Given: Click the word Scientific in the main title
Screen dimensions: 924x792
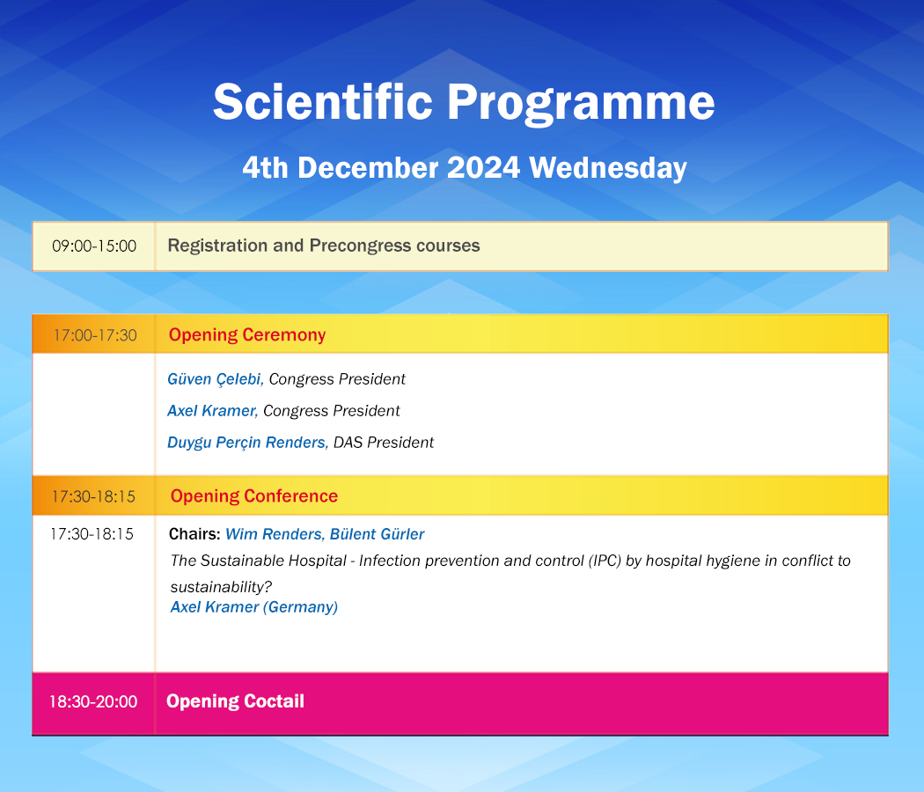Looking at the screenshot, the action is (x=323, y=101).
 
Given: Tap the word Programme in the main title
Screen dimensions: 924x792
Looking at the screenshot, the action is (x=581, y=103).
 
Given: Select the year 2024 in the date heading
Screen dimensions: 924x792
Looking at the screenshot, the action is (x=483, y=167).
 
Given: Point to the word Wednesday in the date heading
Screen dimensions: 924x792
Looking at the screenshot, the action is (x=608, y=169).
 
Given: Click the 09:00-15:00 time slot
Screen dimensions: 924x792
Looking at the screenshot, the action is (x=94, y=246).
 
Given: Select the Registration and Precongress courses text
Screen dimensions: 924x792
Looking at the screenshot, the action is (x=324, y=246).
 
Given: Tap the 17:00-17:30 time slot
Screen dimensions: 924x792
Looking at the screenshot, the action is (x=95, y=334).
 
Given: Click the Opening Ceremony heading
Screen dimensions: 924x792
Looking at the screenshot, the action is (x=247, y=334).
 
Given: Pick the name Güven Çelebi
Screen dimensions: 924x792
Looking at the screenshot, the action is (x=215, y=379).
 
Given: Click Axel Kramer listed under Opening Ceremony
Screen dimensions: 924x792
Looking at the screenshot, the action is (x=212, y=411).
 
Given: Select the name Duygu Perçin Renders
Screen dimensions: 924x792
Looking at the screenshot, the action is (x=247, y=443).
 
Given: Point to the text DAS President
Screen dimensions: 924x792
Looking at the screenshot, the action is (x=384, y=443).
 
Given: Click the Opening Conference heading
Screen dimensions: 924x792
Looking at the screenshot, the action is (x=254, y=496).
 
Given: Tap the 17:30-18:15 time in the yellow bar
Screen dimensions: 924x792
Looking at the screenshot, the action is (x=93, y=496).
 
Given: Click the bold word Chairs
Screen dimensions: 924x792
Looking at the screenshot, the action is (x=194, y=534).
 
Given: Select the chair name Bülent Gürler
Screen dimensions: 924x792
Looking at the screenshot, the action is (x=378, y=534).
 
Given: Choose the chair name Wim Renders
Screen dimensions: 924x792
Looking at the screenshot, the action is (x=275, y=534).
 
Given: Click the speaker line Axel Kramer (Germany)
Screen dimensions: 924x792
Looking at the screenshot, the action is (x=254, y=607).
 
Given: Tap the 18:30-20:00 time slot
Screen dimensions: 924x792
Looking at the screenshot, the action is (x=93, y=701).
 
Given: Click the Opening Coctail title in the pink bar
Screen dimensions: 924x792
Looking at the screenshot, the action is (x=235, y=701).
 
